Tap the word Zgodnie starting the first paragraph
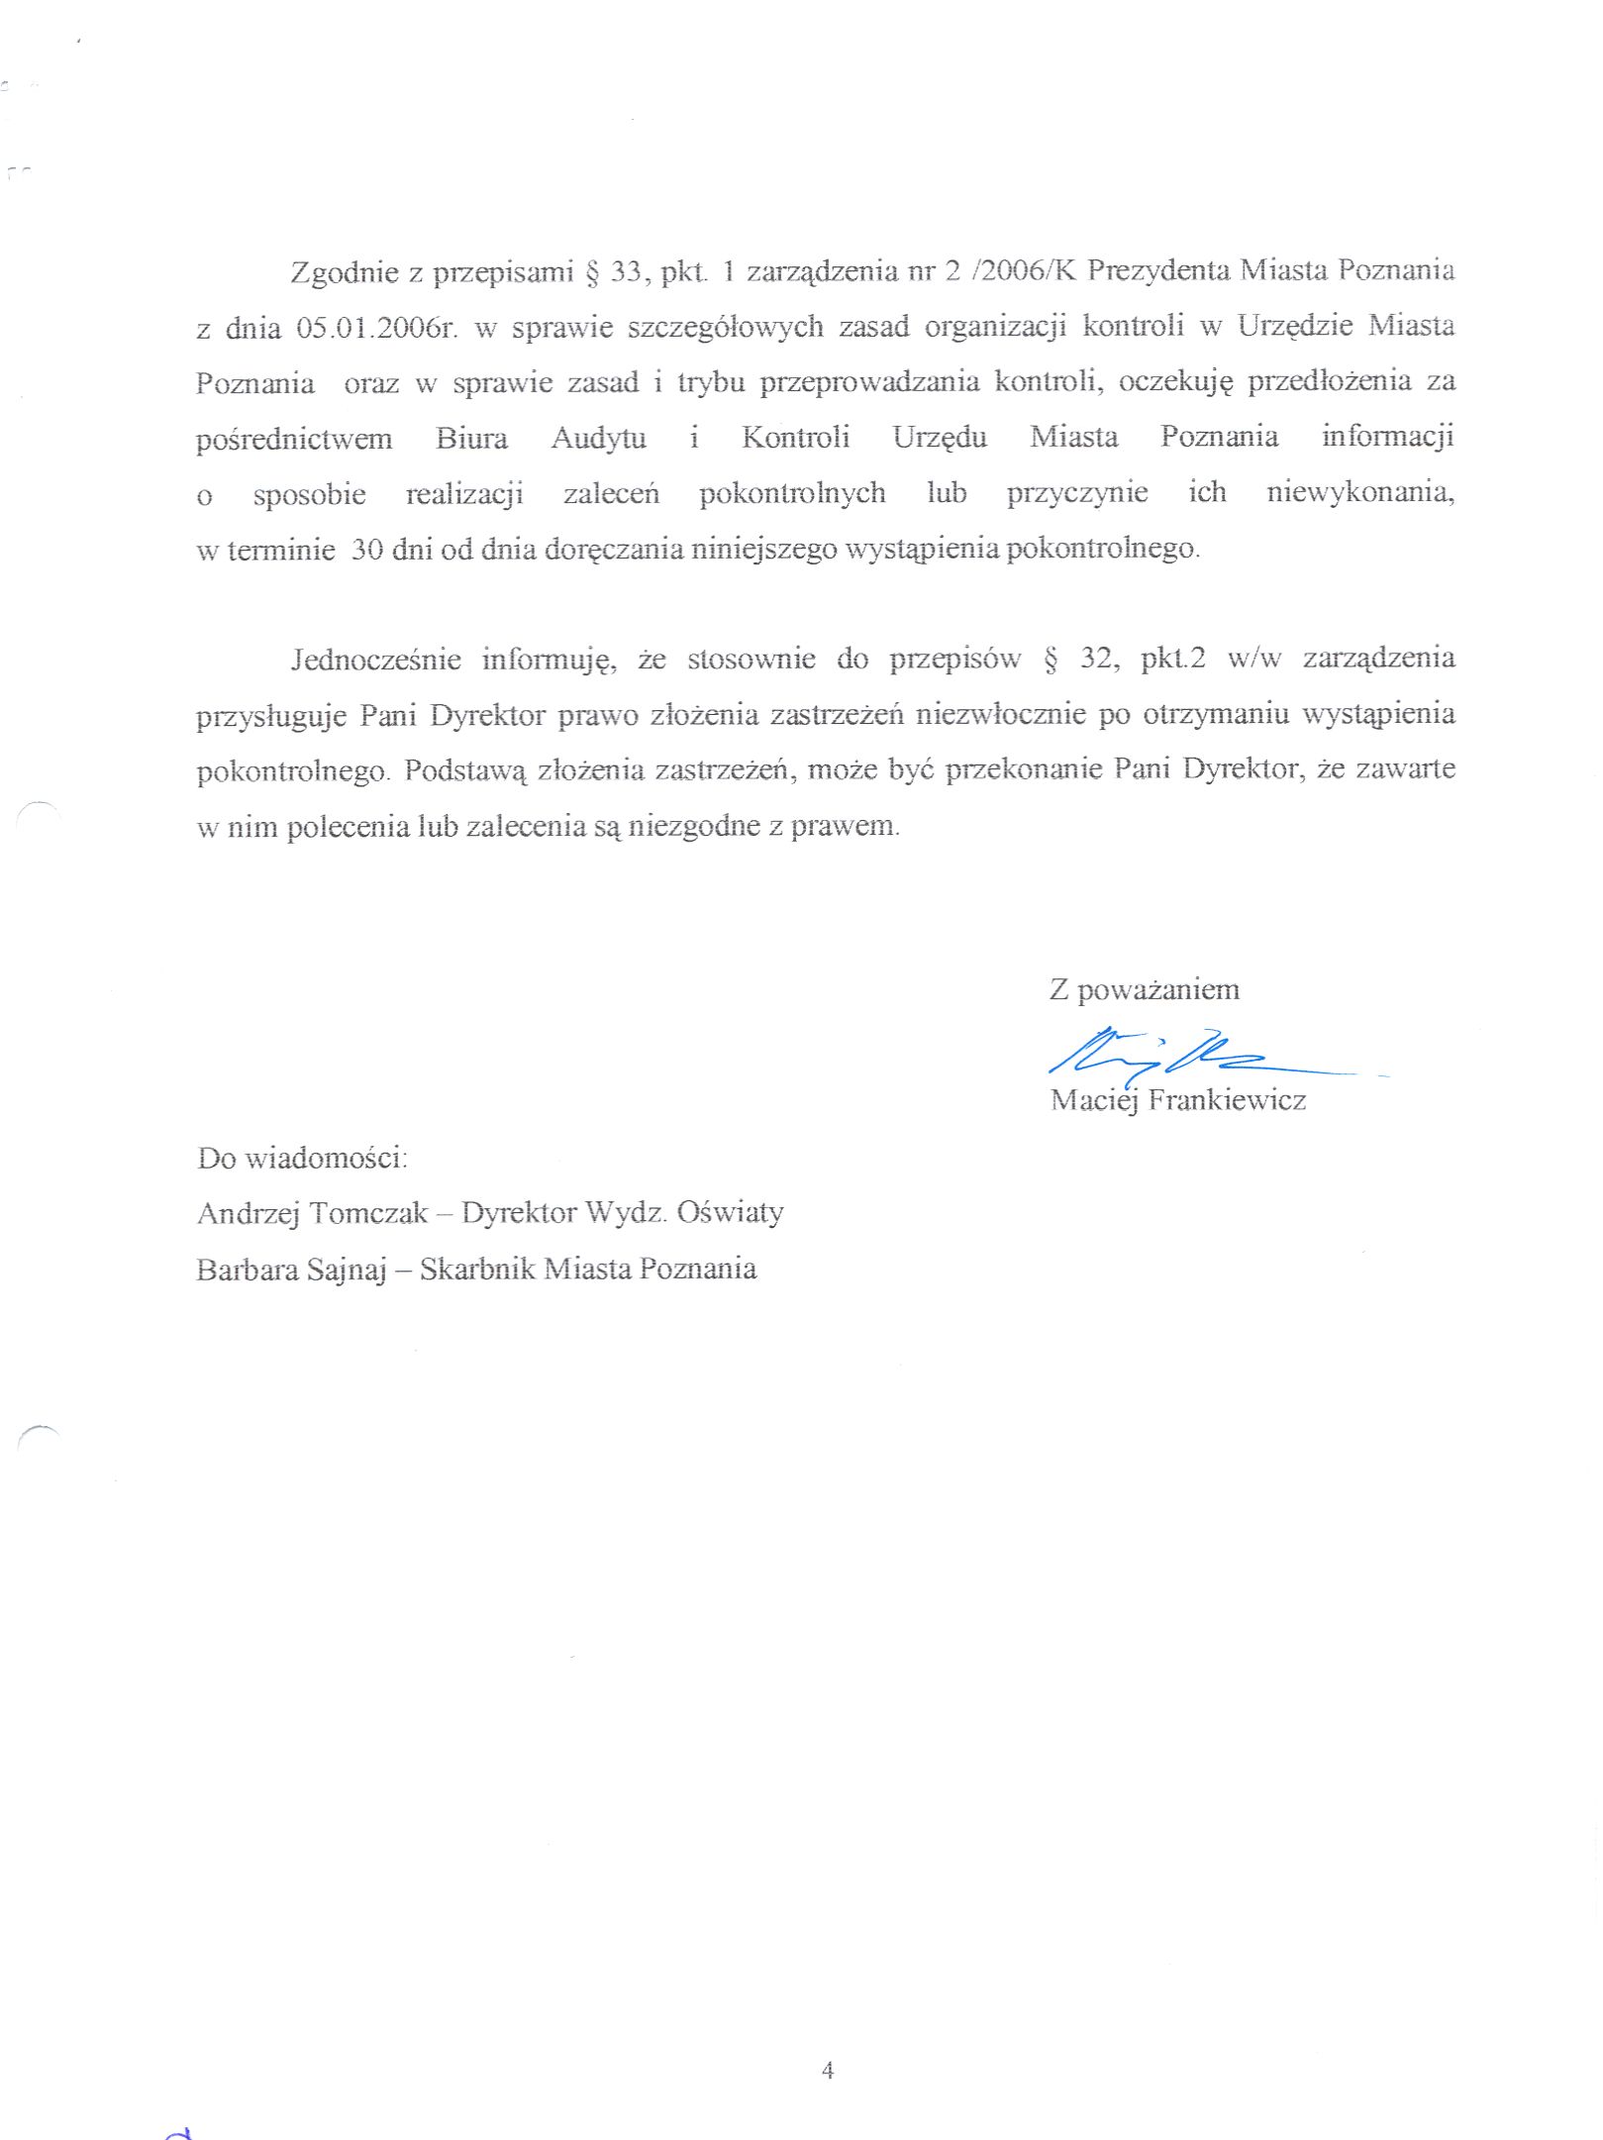(x=344, y=271)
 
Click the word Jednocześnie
(x=375, y=660)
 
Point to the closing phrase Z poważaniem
(x=1144, y=989)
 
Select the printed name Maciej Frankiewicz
(x=1177, y=1100)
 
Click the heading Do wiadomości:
(x=302, y=1158)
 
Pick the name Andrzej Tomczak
(x=312, y=1213)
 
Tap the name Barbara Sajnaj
(x=290, y=1270)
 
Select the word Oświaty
(x=731, y=1212)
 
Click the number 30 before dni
(x=366, y=550)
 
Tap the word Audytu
(x=598, y=438)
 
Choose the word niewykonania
(x=1360, y=493)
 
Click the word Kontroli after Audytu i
(x=795, y=438)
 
